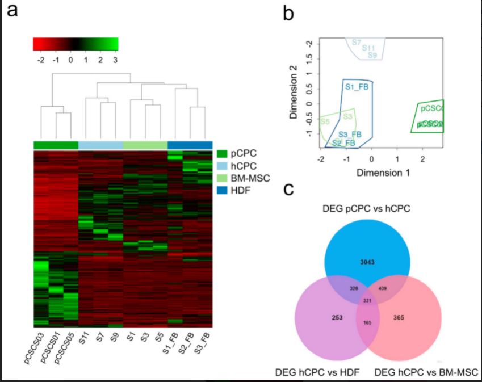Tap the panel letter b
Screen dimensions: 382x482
pos(288,12)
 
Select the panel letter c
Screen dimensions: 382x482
pos(288,189)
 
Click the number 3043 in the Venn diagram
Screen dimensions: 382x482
pos(367,262)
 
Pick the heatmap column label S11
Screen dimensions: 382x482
pos(84,341)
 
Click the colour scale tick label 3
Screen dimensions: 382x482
pos(116,58)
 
